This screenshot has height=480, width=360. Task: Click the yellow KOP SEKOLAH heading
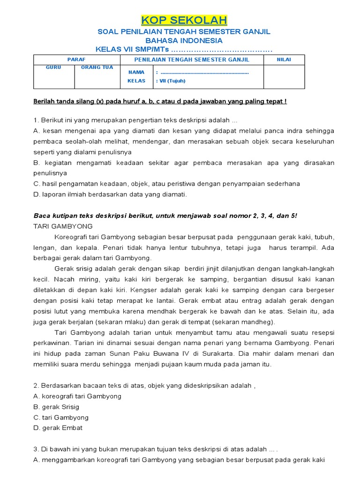click(x=184, y=20)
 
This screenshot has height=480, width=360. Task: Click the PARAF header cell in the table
click(x=77, y=60)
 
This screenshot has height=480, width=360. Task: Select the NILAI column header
click(x=284, y=60)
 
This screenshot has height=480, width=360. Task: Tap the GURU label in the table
click(x=53, y=67)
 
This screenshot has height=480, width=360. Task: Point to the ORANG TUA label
click(x=97, y=67)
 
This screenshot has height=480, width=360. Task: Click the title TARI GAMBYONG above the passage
click(x=57, y=225)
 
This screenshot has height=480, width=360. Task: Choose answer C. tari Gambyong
click(x=61, y=417)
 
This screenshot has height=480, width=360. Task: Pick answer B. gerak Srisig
click(x=56, y=407)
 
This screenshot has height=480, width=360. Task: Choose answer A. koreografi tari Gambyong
click(x=77, y=396)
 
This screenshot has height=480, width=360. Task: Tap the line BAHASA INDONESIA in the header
click(x=184, y=41)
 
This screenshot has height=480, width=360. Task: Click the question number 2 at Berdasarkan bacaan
click(x=36, y=385)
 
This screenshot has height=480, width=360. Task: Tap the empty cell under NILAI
click(x=284, y=76)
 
